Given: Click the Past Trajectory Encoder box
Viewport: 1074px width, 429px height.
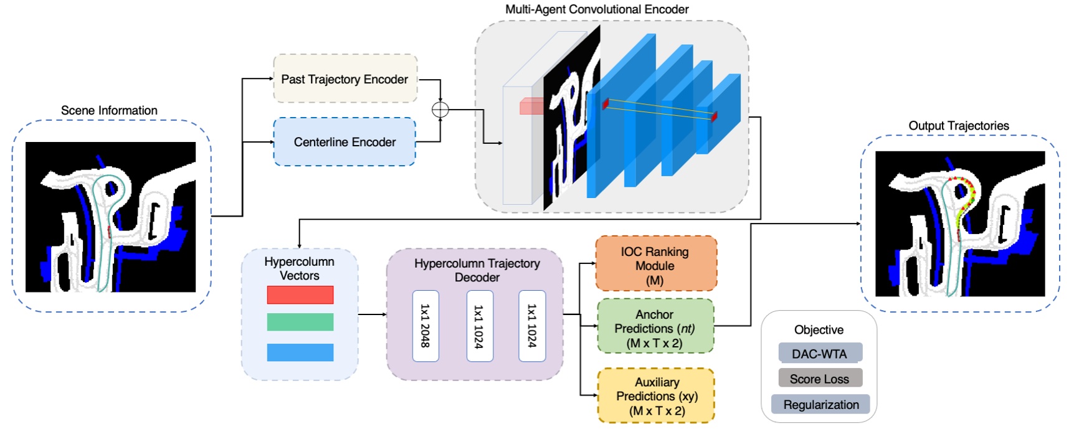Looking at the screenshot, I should tap(345, 79).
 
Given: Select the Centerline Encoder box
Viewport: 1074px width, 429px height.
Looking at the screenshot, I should tap(345, 142).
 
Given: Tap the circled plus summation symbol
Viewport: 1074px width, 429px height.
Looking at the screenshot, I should tap(440, 110).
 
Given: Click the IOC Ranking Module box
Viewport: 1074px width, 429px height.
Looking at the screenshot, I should tap(655, 264).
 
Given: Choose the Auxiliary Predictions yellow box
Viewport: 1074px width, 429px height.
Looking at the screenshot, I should tap(656, 396).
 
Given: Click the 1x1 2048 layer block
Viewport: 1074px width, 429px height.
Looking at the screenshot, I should tap(425, 326).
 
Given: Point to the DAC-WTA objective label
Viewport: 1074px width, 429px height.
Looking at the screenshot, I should tap(820, 354).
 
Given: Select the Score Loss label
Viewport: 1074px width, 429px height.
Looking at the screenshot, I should tap(820, 379).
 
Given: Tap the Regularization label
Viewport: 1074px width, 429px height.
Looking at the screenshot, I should tap(820, 405).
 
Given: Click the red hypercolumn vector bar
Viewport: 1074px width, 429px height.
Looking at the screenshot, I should tap(300, 295).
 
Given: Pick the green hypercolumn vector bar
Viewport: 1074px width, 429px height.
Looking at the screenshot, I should tap(300, 322).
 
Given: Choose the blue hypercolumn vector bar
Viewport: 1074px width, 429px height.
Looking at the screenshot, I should tap(300, 352).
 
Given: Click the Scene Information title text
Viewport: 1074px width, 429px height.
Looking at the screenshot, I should tap(109, 110).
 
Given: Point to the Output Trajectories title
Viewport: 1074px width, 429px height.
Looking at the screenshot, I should tap(958, 125).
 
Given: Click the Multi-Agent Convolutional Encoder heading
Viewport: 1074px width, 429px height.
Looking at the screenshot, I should tap(596, 9).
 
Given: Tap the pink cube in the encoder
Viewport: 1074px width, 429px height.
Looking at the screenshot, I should tap(531, 106).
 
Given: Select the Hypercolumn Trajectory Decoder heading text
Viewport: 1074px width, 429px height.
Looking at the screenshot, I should tap(477, 270).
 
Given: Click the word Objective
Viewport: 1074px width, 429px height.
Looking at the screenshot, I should tap(819, 329).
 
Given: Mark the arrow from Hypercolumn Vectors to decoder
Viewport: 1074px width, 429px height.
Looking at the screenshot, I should tap(372, 314).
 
